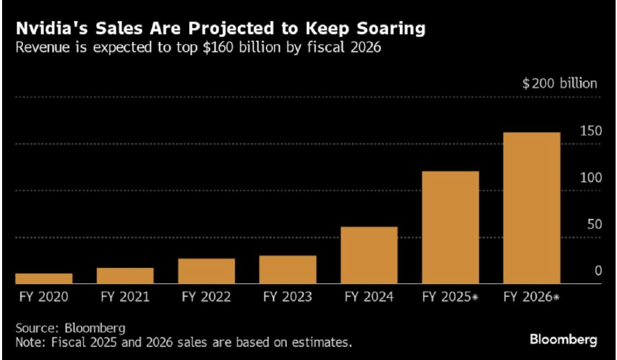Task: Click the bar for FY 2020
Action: click(44, 278)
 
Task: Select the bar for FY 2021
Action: click(125, 276)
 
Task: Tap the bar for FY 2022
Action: click(207, 271)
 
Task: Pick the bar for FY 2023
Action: click(288, 269)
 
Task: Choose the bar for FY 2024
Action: click(369, 255)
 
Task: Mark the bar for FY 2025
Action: click(450, 227)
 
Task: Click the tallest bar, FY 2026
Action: click(532, 207)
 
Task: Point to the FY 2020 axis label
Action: click(44, 297)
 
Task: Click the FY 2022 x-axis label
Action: click(207, 297)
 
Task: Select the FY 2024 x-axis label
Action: click(369, 297)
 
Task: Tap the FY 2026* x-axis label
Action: click(532, 297)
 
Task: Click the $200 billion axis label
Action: click(560, 84)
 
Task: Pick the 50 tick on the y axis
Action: click(593, 225)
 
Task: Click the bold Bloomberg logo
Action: click(563, 340)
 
